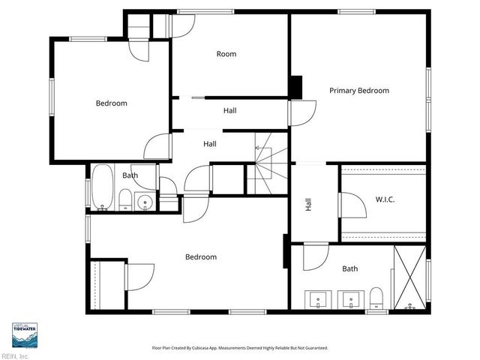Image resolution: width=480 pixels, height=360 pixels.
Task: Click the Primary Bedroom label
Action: pyautogui.click(x=359, y=91)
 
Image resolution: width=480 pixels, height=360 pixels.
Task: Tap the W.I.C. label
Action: pyautogui.click(x=385, y=199)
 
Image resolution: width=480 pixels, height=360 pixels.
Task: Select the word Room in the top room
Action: pyautogui.click(x=226, y=54)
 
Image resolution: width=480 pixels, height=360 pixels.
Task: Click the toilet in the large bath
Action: pyautogui.click(x=376, y=298)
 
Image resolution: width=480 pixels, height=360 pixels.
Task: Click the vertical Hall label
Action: pyautogui.click(x=308, y=205)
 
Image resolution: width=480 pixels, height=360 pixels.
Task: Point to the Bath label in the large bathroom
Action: pyautogui.click(x=350, y=268)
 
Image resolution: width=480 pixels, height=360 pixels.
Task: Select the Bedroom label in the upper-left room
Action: pyautogui.click(x=111, y=103)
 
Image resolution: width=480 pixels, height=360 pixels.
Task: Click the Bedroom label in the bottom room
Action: pyautogui.click(x=201, y=257)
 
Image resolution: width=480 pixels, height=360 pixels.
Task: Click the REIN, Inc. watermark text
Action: pyautogui.click(x=15, y=356)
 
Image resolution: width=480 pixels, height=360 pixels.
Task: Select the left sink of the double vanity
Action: pyautogui.click(x=318, y=299)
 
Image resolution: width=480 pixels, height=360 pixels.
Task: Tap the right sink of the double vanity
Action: pyautogui.click(x=349, y=299)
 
